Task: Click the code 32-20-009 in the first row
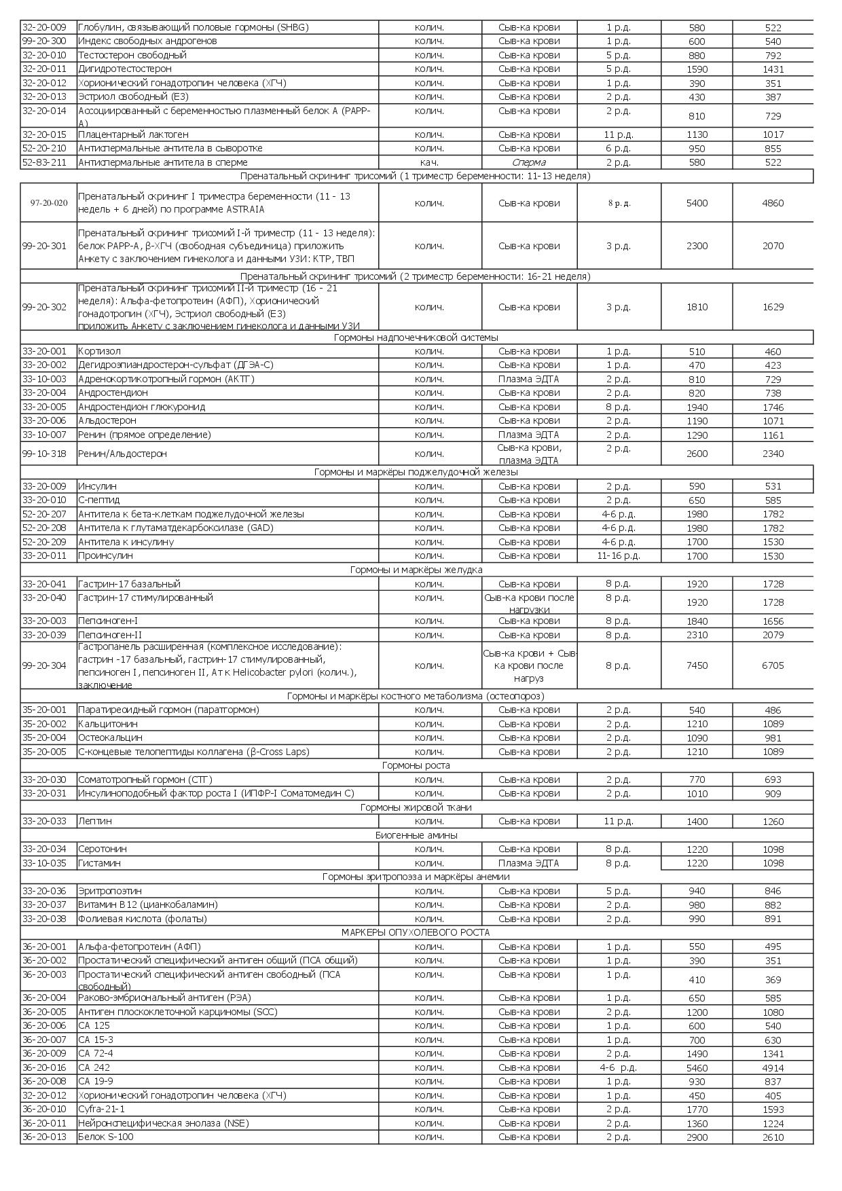click(44, 27)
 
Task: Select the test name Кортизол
click(99, 351)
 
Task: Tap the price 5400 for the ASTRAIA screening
click(697, 203)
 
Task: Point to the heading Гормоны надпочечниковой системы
click(416, 337)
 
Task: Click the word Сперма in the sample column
click(529, 162)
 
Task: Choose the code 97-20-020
click(49, 203)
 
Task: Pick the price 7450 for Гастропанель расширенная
click(697, 665)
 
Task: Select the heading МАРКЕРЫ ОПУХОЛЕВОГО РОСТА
click(416, 932)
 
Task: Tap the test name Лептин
click(95, 821)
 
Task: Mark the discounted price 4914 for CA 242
click(773, 1068)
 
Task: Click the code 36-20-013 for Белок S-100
click(44, 1137)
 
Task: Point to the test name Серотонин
click(102, 849)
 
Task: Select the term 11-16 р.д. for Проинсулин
click(618, 555)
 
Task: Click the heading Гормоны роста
click(416, 765)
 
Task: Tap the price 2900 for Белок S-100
click(697, 1137)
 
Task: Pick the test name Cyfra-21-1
click(102, 1109)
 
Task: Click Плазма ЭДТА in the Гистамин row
click(529, 863)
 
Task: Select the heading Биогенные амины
click(416, 835)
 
